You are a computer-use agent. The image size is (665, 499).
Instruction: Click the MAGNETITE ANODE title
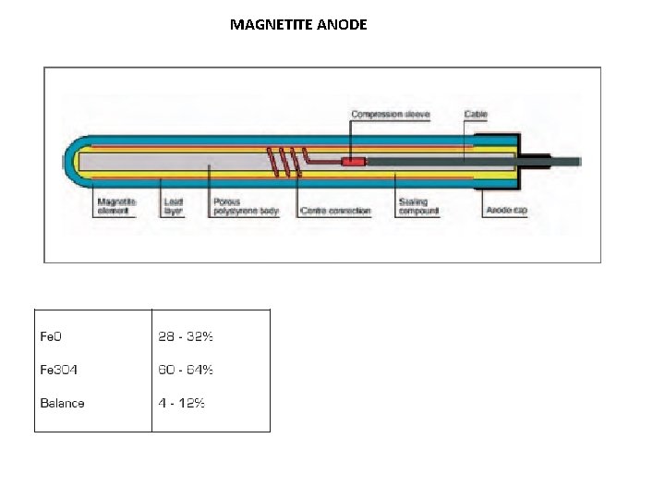tap(298, 24)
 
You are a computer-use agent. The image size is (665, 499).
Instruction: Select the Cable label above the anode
tap(476, 115)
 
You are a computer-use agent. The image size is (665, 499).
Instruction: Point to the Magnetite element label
tap(116, 205)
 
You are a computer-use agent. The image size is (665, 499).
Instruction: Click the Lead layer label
tap(173, 205)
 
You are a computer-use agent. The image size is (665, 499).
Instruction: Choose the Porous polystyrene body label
tap(245, 205)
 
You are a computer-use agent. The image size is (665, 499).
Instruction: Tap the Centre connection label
tap(335, 211)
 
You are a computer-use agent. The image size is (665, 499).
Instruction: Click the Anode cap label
tap(506, 211)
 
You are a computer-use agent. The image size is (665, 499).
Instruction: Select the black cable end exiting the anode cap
tap(563, 161)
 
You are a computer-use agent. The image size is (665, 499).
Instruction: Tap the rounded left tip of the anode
tap(69, 163)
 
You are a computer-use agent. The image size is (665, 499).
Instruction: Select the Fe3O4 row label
tap(58, 370)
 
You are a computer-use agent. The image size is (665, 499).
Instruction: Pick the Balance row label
tap(62, 403)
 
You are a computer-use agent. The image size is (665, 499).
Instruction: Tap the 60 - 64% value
tap(186, 370)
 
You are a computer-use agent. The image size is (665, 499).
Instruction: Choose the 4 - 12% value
tap(182, 403)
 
